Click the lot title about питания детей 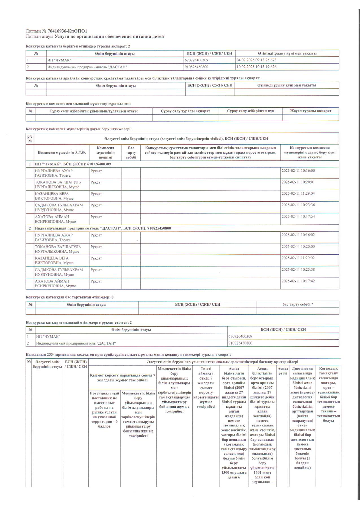(109, 37)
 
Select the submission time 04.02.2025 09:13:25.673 (256, 60)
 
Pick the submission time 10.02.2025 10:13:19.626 (256, 67)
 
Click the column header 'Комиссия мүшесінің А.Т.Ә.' (62, 153)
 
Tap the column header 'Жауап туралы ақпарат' (310, 111)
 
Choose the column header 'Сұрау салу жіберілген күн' (250, 111)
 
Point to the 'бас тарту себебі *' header (298, 305)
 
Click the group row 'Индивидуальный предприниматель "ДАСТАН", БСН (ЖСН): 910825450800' (103, 228)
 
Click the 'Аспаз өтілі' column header (283, 371)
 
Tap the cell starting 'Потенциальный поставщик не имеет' (104, 410)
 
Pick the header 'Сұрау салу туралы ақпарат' (185, 111)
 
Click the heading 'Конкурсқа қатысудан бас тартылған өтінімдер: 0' (70, 297)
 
